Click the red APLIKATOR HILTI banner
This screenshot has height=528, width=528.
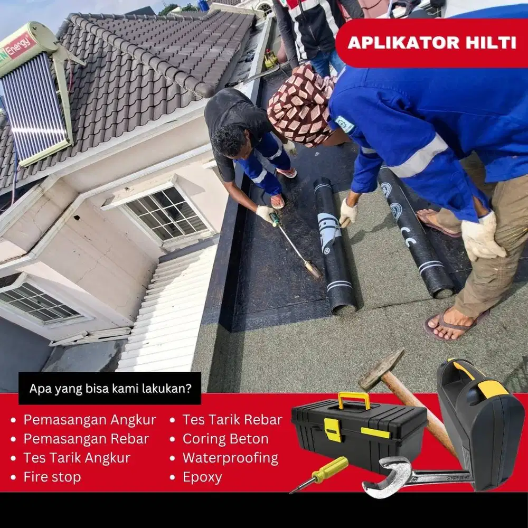432,43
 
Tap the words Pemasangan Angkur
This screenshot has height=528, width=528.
90,420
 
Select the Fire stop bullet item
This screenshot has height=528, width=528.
52,477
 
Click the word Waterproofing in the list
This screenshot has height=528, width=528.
230,458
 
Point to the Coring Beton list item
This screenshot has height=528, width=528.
225,439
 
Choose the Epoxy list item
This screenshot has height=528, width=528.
202,477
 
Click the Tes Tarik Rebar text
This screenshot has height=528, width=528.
232,420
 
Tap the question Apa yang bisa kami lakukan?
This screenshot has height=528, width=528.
110,389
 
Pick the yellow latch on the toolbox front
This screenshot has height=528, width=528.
333,429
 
